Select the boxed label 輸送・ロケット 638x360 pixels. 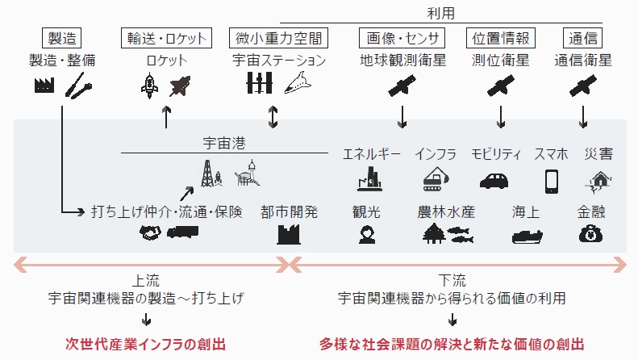[x=167, y=37]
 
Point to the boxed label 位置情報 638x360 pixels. [x=501, y=37]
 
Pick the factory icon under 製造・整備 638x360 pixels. [x=44, y=84]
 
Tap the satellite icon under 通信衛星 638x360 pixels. [x=584, y=84]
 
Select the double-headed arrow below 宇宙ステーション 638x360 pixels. [x=273, y=117]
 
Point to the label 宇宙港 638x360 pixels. [x=223, y=142]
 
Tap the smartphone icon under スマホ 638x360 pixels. [x=552, y=180]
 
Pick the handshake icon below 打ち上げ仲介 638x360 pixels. [x=150, y=232]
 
